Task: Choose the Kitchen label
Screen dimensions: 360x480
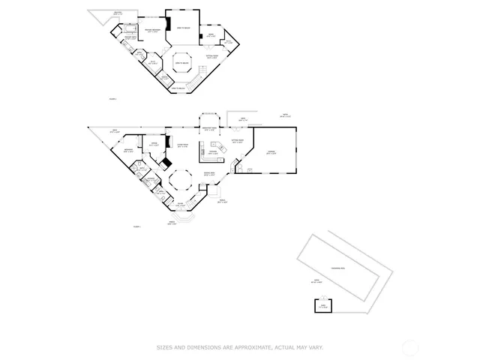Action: pyautogui.click(x=213, y=153)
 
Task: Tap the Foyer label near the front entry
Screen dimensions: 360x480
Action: pyautogui.click(x=180, y=204)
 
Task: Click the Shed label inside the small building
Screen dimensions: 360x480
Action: pyautogui.click(x=323, y=306)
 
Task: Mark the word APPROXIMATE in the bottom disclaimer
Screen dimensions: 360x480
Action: pyautogui.click(x=253, y=347)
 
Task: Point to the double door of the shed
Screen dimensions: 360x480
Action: pyautogui.click(x=323, y=313)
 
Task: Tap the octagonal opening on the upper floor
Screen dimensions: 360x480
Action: pyautogui.click(x=182, y=62)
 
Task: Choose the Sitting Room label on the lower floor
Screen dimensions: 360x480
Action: pyautogui.click(x=238, y=142)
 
